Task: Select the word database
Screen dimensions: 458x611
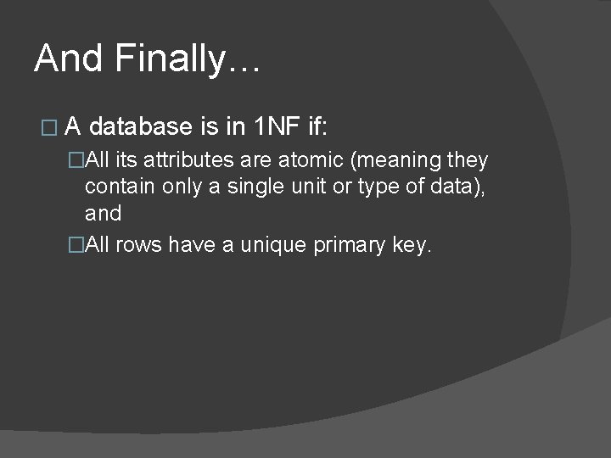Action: (140, 127)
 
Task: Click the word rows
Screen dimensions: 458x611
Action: (141, 246)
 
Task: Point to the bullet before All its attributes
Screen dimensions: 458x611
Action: (76, 161)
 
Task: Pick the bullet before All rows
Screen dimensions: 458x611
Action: (76, 246)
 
